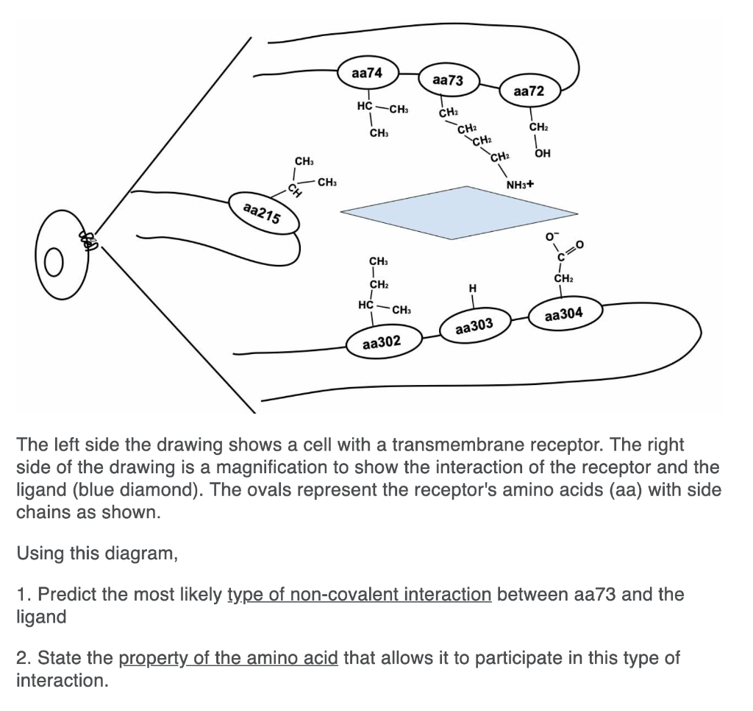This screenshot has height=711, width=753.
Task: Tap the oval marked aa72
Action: pos(529,92)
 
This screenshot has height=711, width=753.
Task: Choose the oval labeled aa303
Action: pos(474,326)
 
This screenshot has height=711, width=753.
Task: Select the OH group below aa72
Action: pos(543,154)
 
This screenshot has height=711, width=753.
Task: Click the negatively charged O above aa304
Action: pos(548,237)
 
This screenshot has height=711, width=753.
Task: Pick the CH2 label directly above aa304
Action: pos(563,279)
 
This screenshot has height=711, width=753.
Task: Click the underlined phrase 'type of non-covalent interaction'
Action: pos(360,594)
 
